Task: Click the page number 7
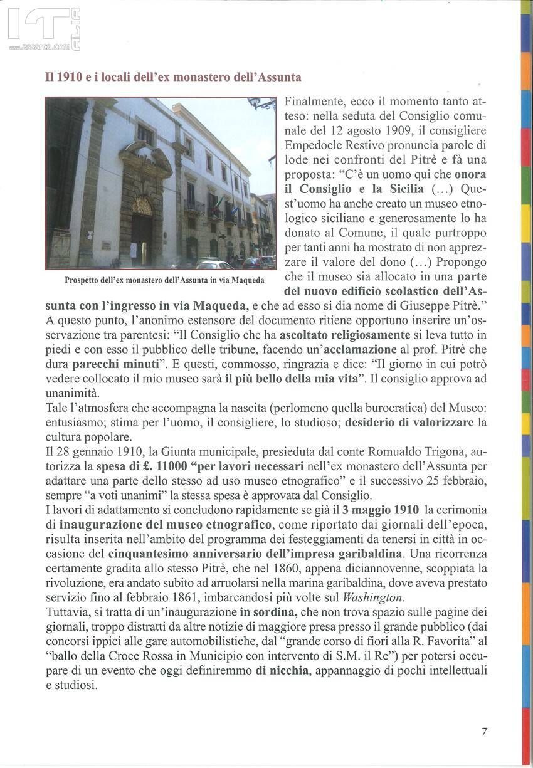484,731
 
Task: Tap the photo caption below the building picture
164,280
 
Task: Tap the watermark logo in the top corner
44,29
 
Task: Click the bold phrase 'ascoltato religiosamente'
345,335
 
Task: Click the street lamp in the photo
260,103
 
